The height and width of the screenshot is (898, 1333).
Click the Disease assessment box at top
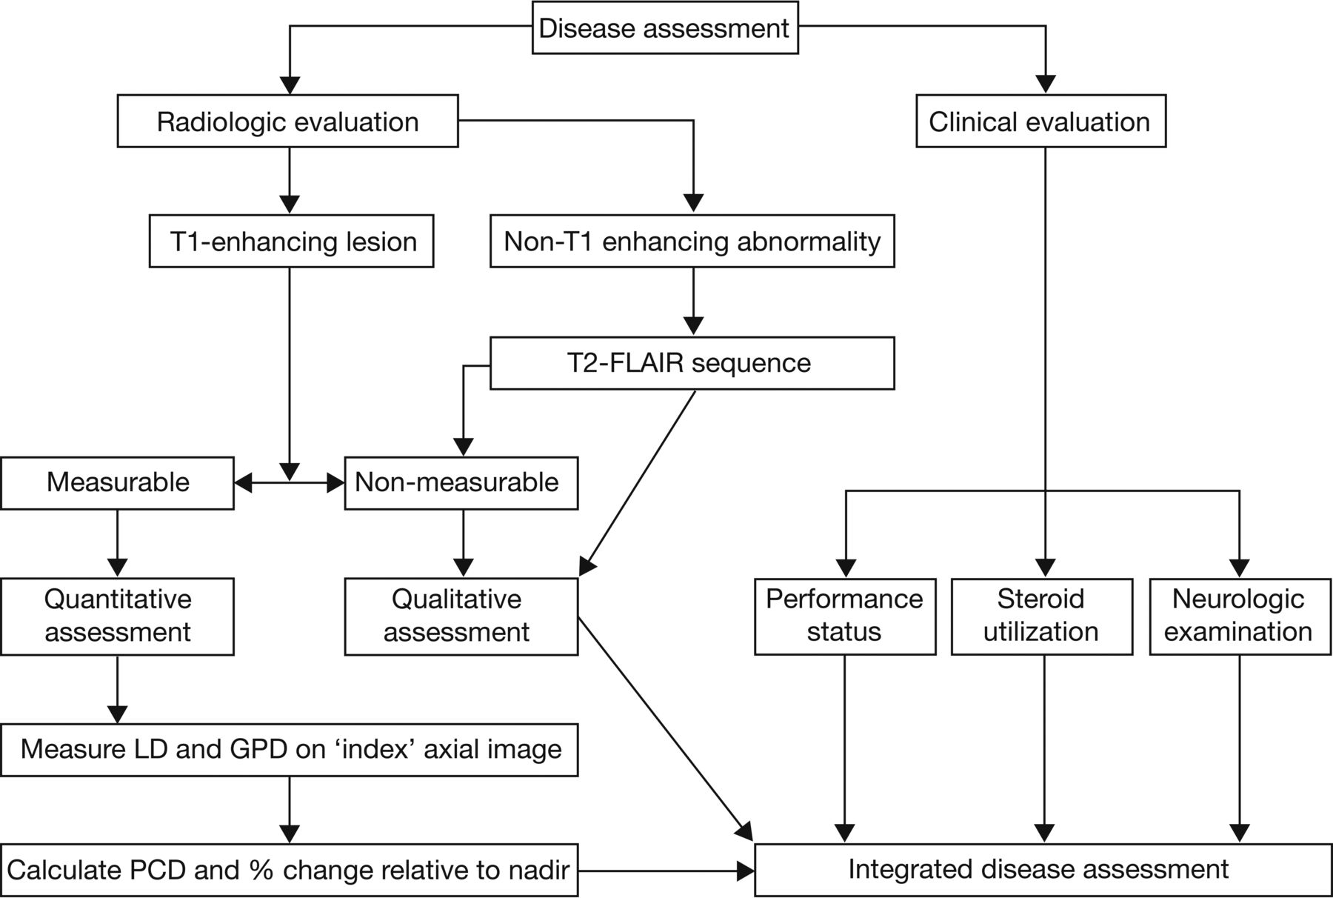[665, 28]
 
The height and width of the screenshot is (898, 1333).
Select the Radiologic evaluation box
[287, 121]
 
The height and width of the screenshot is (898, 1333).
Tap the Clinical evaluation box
[1040, 121]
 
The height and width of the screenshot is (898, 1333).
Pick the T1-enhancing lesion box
[291, 241]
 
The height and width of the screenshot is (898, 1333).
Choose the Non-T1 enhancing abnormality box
[692, 241]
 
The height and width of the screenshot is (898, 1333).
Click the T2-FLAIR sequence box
[692, 363]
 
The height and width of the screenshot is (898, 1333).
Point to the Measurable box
[117, 483]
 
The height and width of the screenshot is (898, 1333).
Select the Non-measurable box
[461, 483]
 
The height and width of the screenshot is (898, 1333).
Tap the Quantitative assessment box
[117, 616]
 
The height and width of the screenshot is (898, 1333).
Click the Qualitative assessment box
[461, 616]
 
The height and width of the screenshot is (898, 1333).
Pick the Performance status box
[845, 616]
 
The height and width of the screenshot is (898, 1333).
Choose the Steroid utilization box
[1042, 616]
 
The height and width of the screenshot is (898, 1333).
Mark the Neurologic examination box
[1240, 616]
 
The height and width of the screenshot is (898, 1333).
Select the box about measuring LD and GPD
[289, 749]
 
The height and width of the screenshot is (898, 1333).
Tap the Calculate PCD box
[289, 869]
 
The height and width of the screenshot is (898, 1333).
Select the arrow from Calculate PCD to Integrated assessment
[666, 871]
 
